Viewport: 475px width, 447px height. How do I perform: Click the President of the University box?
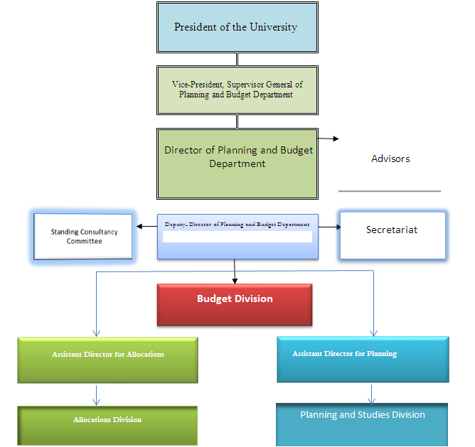[237, 28]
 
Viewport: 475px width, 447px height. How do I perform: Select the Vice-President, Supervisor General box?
[237, 90]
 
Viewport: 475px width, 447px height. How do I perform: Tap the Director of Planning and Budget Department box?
[237, 163]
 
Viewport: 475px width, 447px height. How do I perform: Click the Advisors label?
[390, 158]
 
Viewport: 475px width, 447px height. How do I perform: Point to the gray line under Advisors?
[389, 191]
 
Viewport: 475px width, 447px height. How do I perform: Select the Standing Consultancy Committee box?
[84, 237]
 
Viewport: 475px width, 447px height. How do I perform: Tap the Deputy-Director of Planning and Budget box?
[237, 225]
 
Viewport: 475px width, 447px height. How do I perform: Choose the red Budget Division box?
[235, 304]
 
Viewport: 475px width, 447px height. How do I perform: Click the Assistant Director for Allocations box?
[108, 360]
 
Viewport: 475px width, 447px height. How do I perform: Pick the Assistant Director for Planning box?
[363, 359]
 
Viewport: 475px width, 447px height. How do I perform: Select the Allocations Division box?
[107, 425]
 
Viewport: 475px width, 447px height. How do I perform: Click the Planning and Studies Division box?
[362, 424]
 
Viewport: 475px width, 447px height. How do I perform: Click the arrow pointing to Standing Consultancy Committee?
[146, 227]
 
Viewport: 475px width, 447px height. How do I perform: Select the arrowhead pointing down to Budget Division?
[235, 280]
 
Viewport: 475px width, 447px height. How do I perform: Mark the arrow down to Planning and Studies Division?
[372, 394]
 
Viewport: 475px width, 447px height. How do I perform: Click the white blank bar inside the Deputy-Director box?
[237, 237]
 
